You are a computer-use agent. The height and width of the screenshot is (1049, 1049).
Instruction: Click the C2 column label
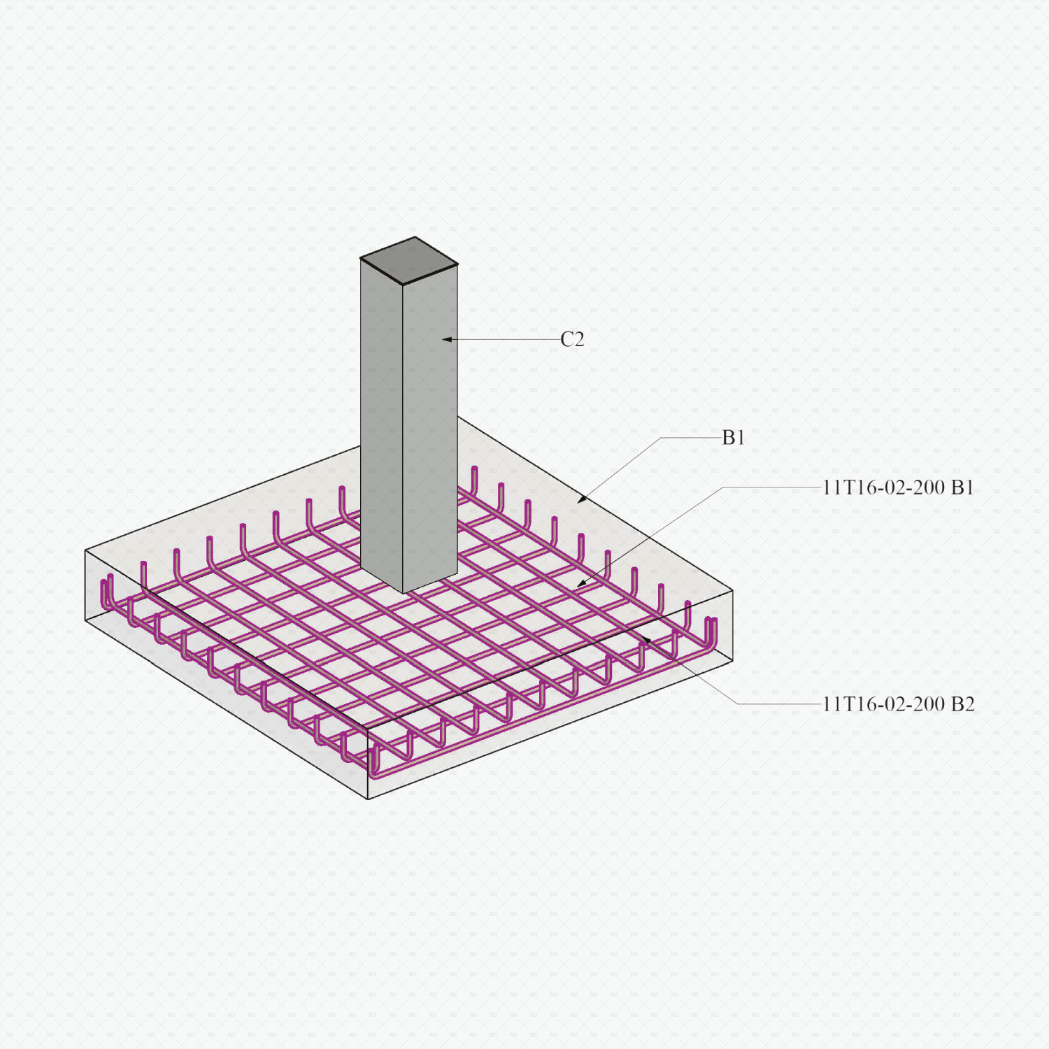coord(572,340)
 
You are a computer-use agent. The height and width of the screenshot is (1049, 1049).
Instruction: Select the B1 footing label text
coord(733,438)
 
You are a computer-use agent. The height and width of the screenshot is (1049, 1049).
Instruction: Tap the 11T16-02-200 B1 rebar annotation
coord(898,487)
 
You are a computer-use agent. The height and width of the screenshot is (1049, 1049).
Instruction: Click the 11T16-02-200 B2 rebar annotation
coord(898,704)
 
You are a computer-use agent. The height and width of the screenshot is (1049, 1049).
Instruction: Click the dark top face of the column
coord(410,259)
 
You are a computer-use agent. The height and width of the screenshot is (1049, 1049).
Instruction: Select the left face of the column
coord(382,420)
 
